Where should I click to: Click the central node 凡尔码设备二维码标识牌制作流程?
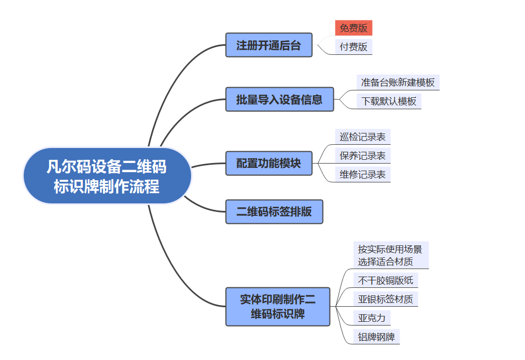click(x=107, y=176)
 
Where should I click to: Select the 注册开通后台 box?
click(x=269, y=45)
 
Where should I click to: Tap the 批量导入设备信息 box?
click(x=279, y=100)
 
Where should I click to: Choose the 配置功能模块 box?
click(x=269, y=163)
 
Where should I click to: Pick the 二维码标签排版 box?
click(x=274, y=211)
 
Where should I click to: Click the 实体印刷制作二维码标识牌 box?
click(x=278, y=306)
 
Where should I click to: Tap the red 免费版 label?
click(x=354, y=28)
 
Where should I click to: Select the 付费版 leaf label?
click(x=354, y=47)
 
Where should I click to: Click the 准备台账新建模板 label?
click(x=398, y=82)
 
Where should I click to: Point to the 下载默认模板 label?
click(x=389, y=101)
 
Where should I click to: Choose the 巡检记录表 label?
click(x=362, y=137)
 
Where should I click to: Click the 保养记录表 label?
click(x=362, y=156)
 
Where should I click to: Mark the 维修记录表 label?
click(x=362, y=174)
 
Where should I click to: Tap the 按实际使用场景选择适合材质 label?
click(x=391, y=255)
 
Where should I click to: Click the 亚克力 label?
click(x=372, y=317)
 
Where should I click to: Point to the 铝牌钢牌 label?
click(x=377, y=337)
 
